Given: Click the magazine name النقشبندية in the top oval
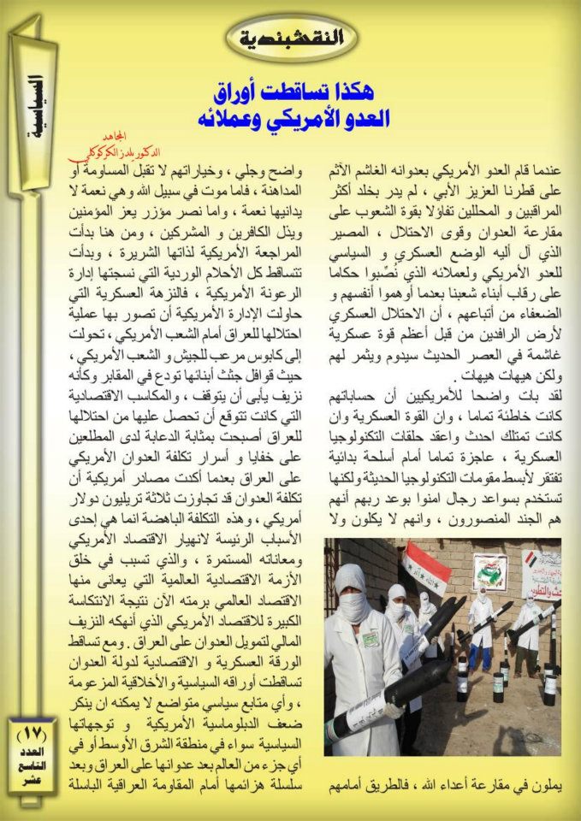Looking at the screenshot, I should (291, 37).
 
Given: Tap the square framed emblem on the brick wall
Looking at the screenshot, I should (489, 569).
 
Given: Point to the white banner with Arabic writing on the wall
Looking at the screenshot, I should (541, 564).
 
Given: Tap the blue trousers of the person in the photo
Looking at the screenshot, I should (481, 654).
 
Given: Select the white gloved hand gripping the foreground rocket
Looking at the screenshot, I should (394, 708).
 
